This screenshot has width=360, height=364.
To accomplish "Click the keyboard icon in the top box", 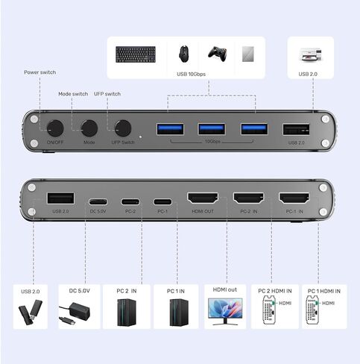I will pos(135,54).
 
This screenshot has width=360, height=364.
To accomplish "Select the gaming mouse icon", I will pos(183,54).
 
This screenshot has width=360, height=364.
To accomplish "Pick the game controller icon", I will pos(216,54).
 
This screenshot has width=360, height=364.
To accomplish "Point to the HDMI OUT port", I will pos(201,200).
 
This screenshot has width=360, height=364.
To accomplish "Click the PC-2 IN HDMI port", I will pos(248,200).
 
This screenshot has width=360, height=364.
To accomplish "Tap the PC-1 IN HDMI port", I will pos(294,200).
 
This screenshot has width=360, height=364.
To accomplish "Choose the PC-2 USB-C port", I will pos(130,201).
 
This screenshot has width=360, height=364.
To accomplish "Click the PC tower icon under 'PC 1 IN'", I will pos(176,311).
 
